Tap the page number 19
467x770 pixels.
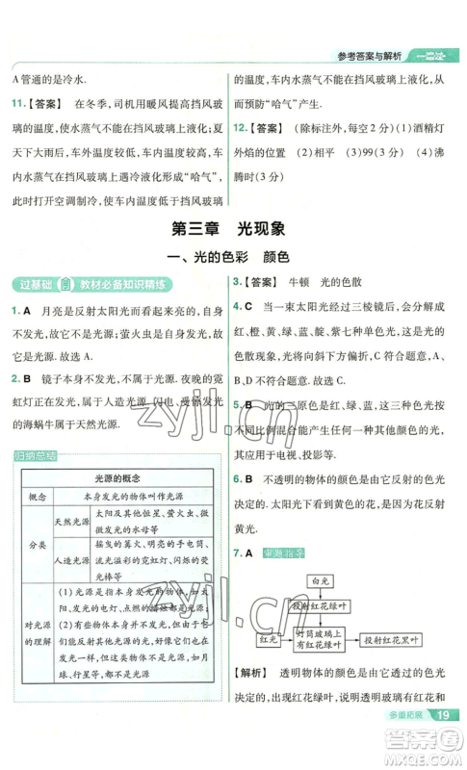(x=443, y=740)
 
